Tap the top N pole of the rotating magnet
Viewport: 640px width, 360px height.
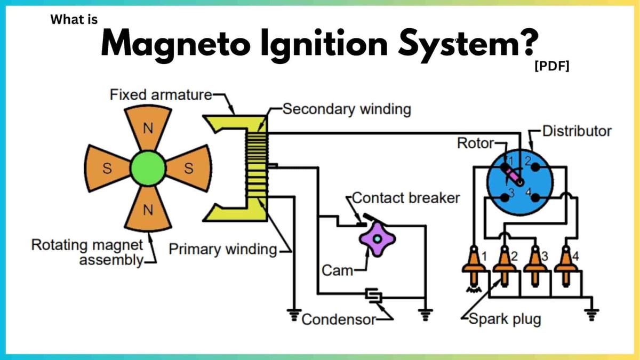pos(148,129)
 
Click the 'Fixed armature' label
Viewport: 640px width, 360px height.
pos(161,95)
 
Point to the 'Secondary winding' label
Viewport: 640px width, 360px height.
pos(347,109)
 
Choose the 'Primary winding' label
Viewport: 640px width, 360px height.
pos(223,250)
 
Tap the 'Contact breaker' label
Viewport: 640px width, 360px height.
pos(406,198)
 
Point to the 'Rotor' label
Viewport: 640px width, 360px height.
pos(476,143)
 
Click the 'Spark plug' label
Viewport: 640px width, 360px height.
pos(505,319)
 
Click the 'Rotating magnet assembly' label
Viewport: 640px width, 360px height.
pos(87,253)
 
